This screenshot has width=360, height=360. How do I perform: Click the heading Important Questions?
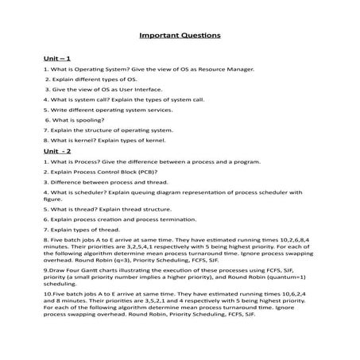click(180, 36)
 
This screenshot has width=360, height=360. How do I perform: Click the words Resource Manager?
click(228, 70)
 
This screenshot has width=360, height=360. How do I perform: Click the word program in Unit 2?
click(243, 161)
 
